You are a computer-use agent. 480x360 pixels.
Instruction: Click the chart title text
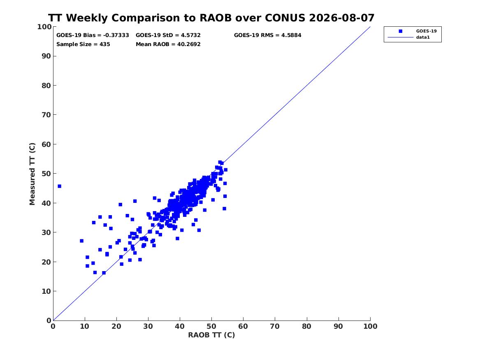pyautogui.click(x=211, y=18)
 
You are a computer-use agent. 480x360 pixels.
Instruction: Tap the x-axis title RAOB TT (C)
pyautogui.click(x=211, y=335)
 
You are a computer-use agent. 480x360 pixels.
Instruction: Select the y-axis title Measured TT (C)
pyautogui.click(x=32, y=174)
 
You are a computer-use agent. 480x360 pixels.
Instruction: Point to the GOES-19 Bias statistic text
pyautogui.click(x=93, y=35)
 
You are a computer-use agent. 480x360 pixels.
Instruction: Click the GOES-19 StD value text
pyautogui.click(x=168, y=35)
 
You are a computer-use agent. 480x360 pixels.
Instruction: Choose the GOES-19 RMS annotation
pyautogui.click(x=267, y=35)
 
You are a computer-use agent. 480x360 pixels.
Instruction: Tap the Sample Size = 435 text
pyautogui.click(x=83, y=44)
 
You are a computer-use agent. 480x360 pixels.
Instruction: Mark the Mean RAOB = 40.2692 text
pyautogui.click(x=168, y=44)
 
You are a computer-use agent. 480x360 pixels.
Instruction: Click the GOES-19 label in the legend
pyautogui.click(x=426, y=31)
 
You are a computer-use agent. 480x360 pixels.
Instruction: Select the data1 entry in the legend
pyautogui.click(x=423, y=37)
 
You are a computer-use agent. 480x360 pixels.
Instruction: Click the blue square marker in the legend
pyautogui.click(x=400, y=31)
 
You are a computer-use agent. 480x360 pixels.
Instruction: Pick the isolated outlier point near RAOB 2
pyautogui.click(x=59, y=186)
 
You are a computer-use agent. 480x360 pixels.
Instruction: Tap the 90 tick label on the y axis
pyautogui.click(x=46, y=56)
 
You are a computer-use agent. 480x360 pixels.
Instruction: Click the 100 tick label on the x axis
pyautogui.click(x=371, y=326)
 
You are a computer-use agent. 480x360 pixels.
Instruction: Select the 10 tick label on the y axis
pyautogui.click(x=46, y=291)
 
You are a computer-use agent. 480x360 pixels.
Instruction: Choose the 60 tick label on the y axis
pyautogui.click(x=46, y=144)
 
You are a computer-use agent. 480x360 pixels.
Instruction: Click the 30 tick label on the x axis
pyautogui.click(x=148, y=326)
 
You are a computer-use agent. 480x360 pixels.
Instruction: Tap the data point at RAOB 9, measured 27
pyautogui.click(x=82, y=241)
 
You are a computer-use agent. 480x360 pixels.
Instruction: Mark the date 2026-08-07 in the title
pyautogui.click(x=342, y=18)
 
